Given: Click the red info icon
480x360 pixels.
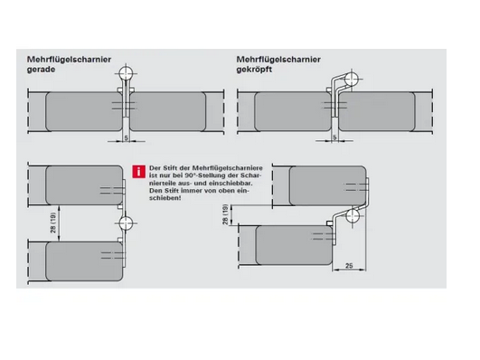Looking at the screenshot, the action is click(138, 172).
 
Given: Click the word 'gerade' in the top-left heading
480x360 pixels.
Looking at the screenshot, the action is click(42, 70).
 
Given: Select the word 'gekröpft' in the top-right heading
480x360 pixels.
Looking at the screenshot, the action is click(249, 70).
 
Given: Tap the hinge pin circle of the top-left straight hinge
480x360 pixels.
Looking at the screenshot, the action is click(127, 73).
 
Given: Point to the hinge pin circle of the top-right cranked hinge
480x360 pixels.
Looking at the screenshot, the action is click(352, 79).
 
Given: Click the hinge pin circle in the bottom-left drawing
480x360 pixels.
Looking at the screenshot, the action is click(127, 223).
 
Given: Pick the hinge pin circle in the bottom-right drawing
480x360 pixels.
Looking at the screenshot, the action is click(353, 215).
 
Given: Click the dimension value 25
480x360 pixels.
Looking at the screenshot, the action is click(349, 266).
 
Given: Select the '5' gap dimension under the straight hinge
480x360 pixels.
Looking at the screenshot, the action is click(127, 138).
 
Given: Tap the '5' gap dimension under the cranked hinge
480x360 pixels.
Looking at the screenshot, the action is click(334, 137).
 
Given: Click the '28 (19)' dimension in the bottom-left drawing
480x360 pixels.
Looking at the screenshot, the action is click(54, 223).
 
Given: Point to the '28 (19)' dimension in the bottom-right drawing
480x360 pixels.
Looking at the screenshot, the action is click(226, 214).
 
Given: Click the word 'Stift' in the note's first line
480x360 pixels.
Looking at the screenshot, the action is click(169, 168).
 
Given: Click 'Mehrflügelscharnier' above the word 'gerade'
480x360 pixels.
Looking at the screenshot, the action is click(70, 60).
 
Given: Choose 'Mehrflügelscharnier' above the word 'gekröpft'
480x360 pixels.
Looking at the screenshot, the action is click(278, 60).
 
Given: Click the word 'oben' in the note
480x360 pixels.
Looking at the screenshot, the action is click(227, 191).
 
